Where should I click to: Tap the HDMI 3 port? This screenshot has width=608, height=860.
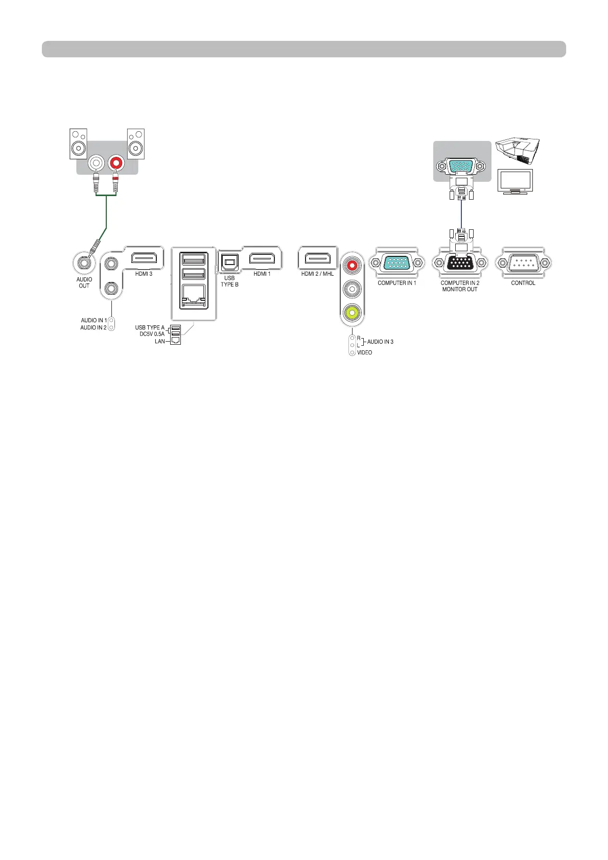coord(144,258)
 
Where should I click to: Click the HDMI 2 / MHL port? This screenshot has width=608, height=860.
coord(317,258)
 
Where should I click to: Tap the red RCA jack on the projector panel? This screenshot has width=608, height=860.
coord(353,266)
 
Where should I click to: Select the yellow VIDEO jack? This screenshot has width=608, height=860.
coord(353,312)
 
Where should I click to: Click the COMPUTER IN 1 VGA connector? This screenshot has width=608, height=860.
coord(397,264)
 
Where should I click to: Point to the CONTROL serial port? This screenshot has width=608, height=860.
coord(523,264)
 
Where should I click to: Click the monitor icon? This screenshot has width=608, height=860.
coord(515,182)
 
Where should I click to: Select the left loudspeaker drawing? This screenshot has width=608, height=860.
coord(78,144)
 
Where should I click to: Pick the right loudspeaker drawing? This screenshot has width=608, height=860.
coord(136,144)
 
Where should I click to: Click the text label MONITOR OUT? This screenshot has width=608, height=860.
coord(460,290)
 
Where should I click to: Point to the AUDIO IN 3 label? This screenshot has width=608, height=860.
coord(381,342)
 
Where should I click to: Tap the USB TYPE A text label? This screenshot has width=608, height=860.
coord(150,327)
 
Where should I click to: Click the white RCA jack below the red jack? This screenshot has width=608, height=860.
coord(353,289)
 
